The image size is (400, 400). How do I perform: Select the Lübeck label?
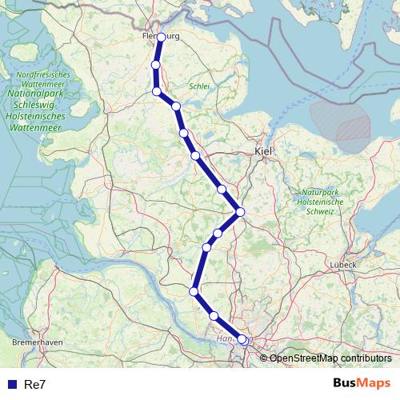pyautogui.click(x=342, y=265)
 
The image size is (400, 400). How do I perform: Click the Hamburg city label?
pyautogui.click(x=233, y=338)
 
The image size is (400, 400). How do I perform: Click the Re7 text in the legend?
pyautogui.click(x=35, y=385)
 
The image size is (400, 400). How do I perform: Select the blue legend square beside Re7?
pyautogui.click(x=13, y=385)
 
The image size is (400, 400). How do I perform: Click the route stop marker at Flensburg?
pyautogui.click(x=162, y=37)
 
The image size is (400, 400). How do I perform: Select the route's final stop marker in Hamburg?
pyautogui.click(x=242, y=339)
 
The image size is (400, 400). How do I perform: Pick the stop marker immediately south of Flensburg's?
pyautogui.click(x=156, y=64)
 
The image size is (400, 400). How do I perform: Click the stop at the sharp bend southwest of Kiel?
pyautogui.click(x=240, y=211)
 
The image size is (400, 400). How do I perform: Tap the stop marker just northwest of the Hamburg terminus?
pyautogui.click(x=214, y=316)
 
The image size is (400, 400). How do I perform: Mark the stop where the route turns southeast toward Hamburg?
pyautogui.click(x=194, y=291)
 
